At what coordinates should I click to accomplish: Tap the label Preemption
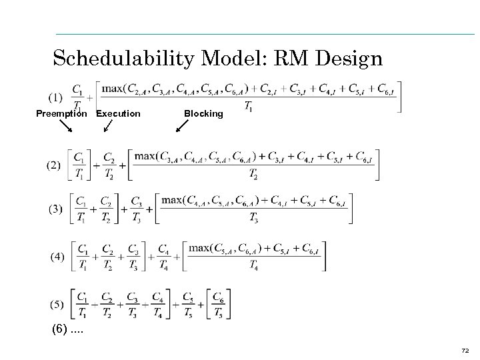coord(61,113)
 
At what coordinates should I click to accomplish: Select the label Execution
coord(118,113)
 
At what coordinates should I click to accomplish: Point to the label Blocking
coord(203,113)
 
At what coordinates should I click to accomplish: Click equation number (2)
coord(53,165)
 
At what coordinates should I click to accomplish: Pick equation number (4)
coord(58,256)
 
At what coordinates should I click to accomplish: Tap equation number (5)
coord(57,305)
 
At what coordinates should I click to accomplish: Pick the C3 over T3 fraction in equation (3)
coord(137,209)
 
